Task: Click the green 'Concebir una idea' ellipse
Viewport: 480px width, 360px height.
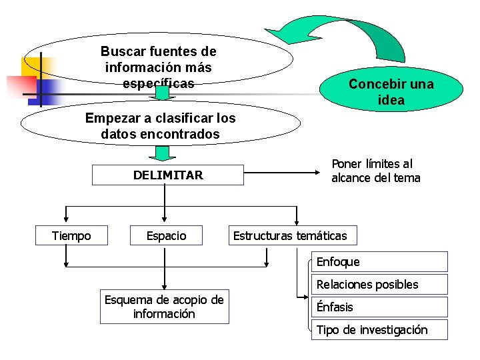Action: tap(391, 91)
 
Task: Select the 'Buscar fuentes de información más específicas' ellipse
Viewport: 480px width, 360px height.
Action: tap(159, 67)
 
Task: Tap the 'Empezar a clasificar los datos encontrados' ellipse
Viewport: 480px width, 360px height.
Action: tap(160, 125)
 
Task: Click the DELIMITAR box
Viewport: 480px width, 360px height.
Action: tap(167, 175)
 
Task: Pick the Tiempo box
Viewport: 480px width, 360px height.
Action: tap(71, 235)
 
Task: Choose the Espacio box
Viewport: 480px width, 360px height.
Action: tap(167, 235)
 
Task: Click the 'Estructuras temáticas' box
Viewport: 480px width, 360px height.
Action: tap(290, 235)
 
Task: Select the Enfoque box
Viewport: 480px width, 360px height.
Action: tap(379, 262)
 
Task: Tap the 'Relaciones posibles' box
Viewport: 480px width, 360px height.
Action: tap(379, 285)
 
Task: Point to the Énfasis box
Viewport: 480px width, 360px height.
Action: tap(379, 307)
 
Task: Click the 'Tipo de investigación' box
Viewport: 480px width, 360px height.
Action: tap(379, 330)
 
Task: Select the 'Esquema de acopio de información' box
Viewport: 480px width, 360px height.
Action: tap(164, 307)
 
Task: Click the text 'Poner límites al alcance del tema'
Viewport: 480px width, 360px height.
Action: tap(376, 171)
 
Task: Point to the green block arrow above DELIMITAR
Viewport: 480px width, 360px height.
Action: tap(161, 153)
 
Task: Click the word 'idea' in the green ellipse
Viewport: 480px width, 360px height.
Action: tap(391, 100)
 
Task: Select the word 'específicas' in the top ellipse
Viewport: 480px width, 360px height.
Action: tap(159, 83)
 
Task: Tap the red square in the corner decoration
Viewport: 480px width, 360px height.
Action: tap(20, 85)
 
